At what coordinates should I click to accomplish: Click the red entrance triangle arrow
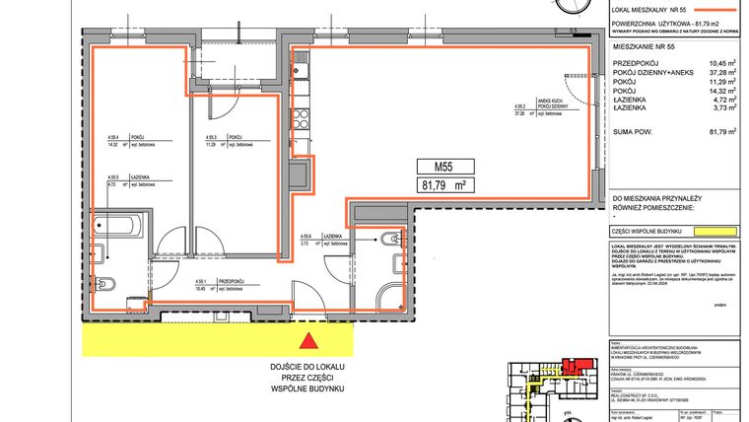click(309, 341)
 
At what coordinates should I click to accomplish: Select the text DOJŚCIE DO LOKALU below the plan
click(309, 367)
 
